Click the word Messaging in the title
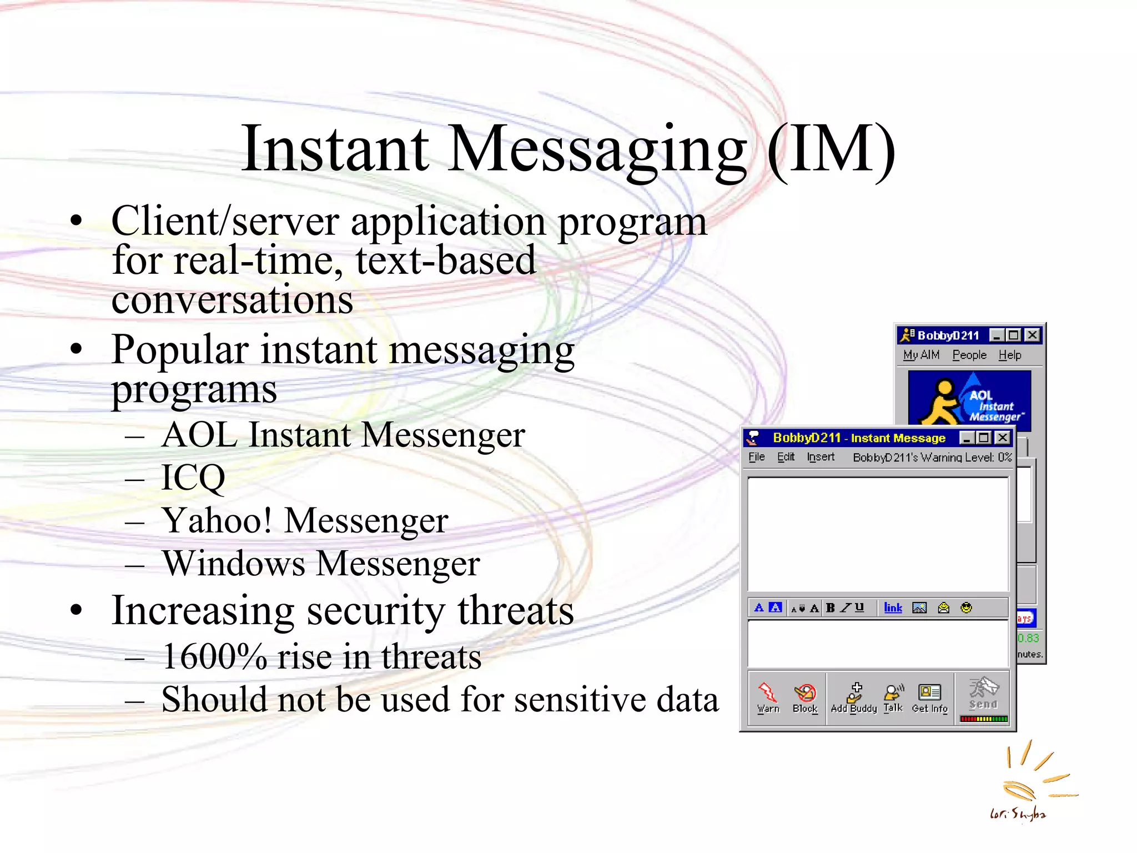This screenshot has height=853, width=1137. [x=597, y=149]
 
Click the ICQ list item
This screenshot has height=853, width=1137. [x=193, y=477]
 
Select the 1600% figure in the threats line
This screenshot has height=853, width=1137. [x=214, y=656]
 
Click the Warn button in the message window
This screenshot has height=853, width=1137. [x=768, y=698]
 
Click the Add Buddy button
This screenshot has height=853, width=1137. [x=854, y=698]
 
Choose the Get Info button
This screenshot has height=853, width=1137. [x=930, y=698]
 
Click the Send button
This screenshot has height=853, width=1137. [x=983, y=694]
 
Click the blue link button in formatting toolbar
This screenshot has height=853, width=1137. [x=893, y=608]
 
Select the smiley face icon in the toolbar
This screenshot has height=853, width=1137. [x=967, y=608]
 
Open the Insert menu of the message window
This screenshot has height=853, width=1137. [x=821, y=456]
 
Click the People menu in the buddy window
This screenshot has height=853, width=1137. [x=969, y=355]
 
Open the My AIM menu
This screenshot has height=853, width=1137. [x=921, y=355]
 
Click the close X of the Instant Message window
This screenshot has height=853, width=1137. [x=1003, y=438]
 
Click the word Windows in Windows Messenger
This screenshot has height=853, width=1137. [x=234, y=563]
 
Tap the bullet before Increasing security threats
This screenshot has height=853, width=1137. [x=77, y=610]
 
